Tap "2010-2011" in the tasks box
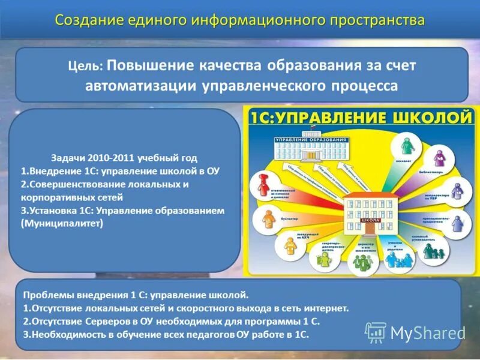click(x=112, y=158)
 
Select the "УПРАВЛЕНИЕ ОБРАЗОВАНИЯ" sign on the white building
click(x=311, y=140)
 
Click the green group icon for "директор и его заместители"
click(x=361, y=262)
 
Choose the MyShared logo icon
click(x=376, y=332)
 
